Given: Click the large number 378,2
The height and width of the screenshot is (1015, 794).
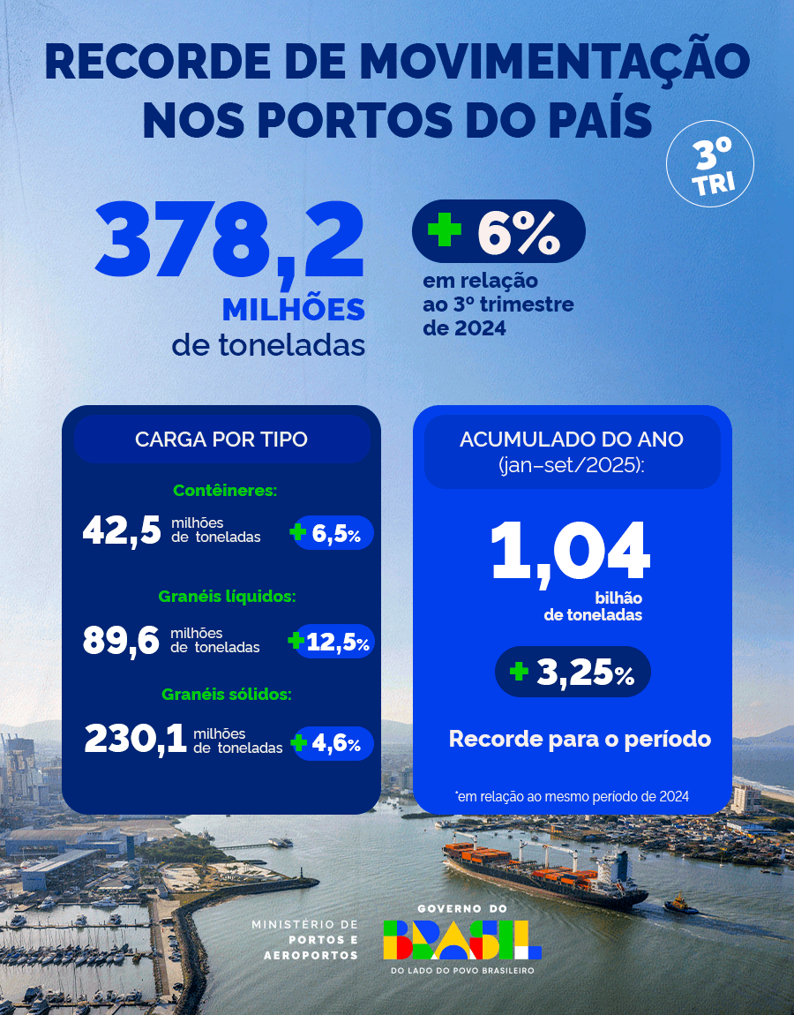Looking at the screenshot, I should pos(230,240).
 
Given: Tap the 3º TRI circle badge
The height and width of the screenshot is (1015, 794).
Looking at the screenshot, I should pos(710,163).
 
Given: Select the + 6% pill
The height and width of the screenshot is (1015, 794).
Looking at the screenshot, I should pos(498,231).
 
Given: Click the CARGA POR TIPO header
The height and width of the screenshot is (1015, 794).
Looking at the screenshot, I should pos(221,439).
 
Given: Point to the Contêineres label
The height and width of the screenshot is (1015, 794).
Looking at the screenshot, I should pos(225,490).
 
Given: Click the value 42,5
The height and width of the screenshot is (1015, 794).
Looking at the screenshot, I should pos(122,531).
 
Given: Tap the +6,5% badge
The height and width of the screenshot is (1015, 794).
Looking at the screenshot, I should pos(333,533).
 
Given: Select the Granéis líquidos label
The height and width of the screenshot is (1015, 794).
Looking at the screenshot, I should pos(227,597).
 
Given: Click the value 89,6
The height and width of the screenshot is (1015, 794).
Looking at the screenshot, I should pos(122,640).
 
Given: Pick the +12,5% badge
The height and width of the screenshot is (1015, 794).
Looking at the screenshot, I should pos(332,642).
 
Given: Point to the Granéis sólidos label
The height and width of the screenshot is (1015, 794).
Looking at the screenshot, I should pos(227,694).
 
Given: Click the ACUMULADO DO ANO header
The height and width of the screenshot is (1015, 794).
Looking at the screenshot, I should pos(572,450).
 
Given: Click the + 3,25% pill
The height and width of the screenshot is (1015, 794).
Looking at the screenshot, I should pos(573,673).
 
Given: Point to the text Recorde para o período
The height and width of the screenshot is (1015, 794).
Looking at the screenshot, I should pos(580,739).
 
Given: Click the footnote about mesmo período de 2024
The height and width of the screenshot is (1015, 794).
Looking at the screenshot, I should pos(573,796).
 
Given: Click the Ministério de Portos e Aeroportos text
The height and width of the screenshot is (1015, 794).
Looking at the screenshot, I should pos(305,939).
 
